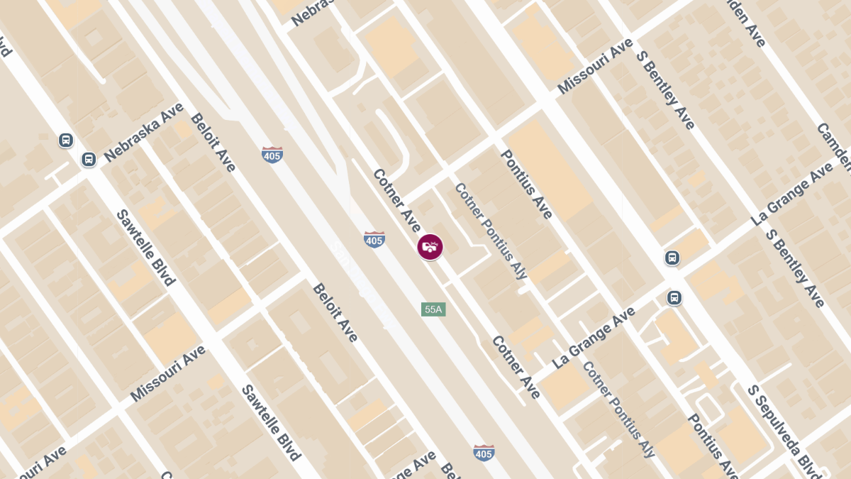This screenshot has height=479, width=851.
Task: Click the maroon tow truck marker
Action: pyautogui.click(x=430, y=247)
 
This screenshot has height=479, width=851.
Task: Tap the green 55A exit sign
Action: pyautogui.click(x=433, y=309)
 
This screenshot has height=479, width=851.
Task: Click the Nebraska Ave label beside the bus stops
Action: pyautogui.click(x=143, y=132)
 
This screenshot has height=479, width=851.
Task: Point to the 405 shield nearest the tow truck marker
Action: pyautogui.click(x=374, y=240)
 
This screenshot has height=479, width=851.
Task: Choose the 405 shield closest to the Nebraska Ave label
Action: pyautogui.click(x=272, y=155)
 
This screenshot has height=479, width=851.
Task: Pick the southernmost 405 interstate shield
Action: pyautogui.click(x=484, y=453)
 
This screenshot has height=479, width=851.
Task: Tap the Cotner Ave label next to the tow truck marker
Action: pyautogui.click(x=396, y=199)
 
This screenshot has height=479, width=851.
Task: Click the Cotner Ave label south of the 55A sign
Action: pyautogui.click(x=516, y=367)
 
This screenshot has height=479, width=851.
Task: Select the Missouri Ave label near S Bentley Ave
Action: pyautogui.click(x=594, y=66)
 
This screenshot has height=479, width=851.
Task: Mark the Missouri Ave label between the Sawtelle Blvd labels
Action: pyautogui.click(x=168, y=373)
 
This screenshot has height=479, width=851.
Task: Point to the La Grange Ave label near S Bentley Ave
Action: pyautogui.click(x=792, y=194)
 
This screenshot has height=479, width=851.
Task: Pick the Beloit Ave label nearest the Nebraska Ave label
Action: pyautogui.click(x=213, y=142)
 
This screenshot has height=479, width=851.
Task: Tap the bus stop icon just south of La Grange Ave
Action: pyautogui.click(x=674, y=298)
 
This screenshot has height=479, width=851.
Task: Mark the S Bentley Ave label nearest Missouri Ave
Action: pyautogui.click(x=665, y=89)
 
